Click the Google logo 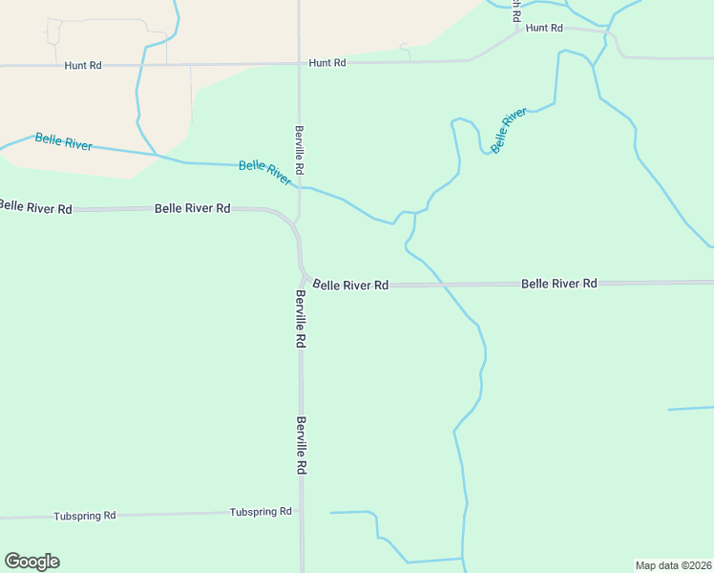[x=31, y=562]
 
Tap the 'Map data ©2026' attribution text [x=673, y=565]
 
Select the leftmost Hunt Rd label [x=83, y=65]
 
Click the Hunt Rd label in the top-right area [x=544, y=29]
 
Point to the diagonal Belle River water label [x=509, y=130]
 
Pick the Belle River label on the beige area [x=64, y=142]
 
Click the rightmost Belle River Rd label [x=558, y=284]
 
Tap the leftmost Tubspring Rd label [x=85, y=516]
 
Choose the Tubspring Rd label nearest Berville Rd [x=261, y=512]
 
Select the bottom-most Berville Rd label [x=301, y=445]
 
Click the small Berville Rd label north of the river [x=299, y=149]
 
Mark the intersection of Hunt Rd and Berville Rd [x=299, y=64]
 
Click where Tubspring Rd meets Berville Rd [x=301, y=513]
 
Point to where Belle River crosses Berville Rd [x=300, y=187]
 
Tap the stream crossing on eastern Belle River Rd [x=440, y=285]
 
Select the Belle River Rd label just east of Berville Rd [x=351, y=285]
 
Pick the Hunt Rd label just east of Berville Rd [x=326, y=62]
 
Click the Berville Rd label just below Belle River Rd [x=300, y=318]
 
